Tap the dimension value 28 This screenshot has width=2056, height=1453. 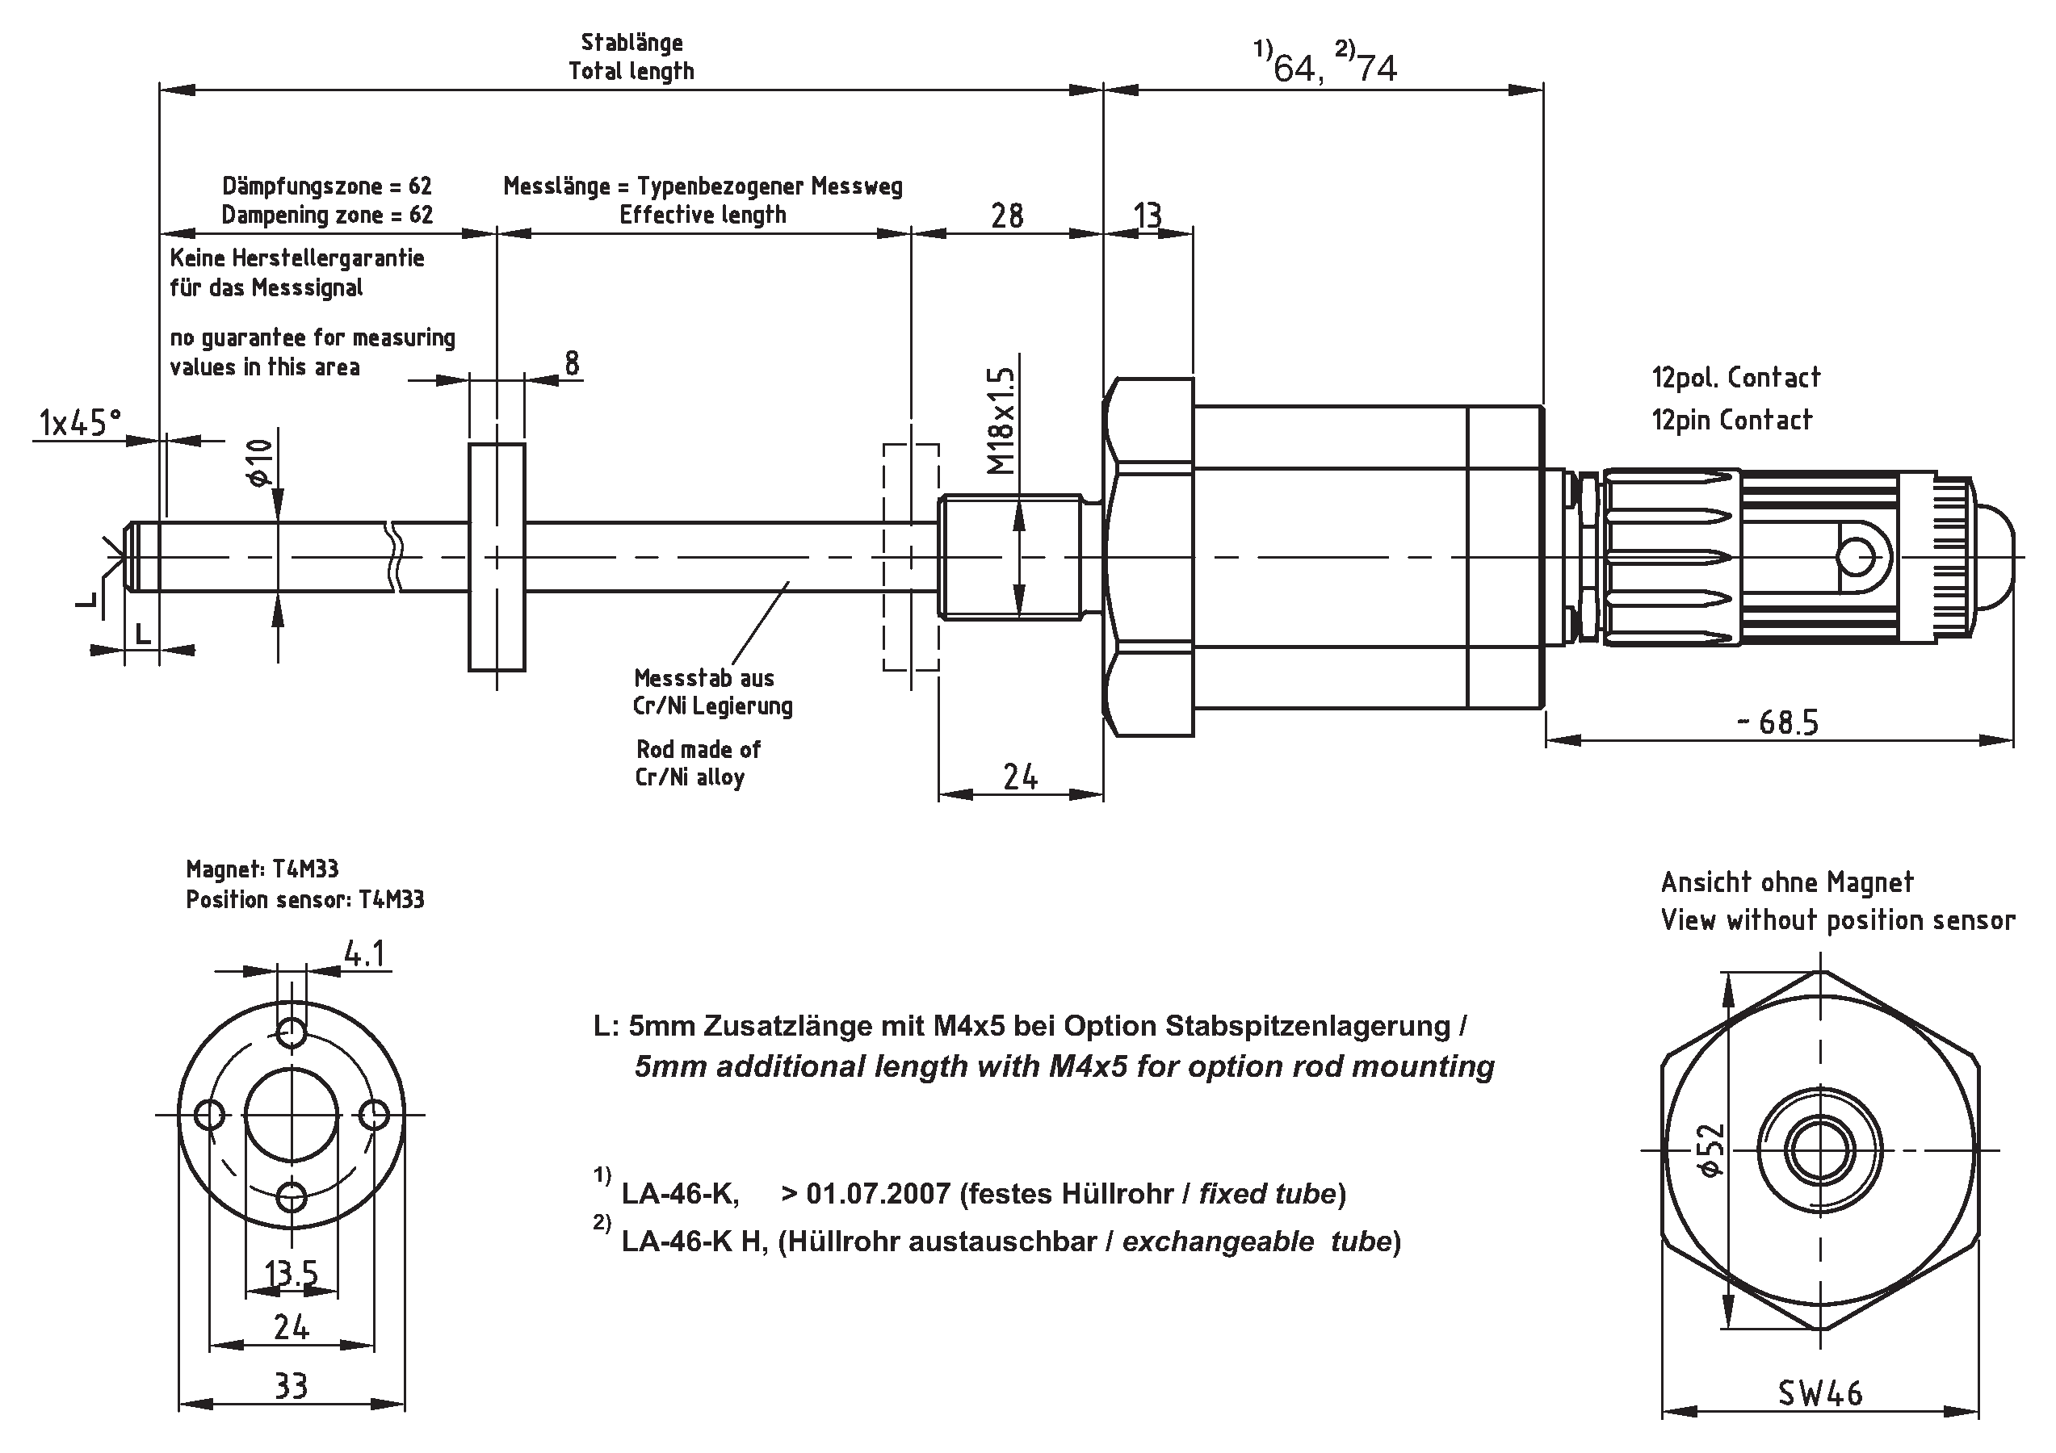[x=1006, y=216]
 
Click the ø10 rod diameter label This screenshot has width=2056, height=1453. [x=258, y=462]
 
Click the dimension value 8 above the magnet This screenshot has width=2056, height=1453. [x=571, y=362]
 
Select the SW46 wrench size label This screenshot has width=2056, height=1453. [x=1819, y=1393]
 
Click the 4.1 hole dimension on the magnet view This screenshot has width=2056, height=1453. [x=364, y=955]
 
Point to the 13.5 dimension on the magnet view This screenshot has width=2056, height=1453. [x=291, y=1272]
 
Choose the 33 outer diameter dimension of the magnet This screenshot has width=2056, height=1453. [x=291, y=1387]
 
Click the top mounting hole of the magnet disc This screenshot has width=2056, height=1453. [x=292, y=1033]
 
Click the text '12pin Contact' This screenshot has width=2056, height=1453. [x=1731, y=420]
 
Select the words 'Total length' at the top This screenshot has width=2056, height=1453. [x=631, y=71]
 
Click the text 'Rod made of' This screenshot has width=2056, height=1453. [x=698, y=748]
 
